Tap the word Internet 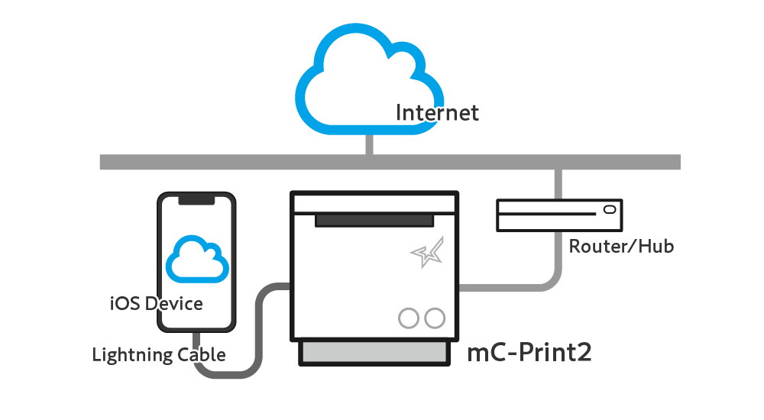click(x=437, y=113)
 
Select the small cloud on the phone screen click(x=197, y=260)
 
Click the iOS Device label click(x=156, y=304)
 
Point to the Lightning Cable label click(x=158, y=355)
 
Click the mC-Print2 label click(x=529, y=353)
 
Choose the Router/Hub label click(x=621, y=247)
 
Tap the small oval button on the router click(x=609, y=209)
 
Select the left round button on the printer click(x=409, y=318)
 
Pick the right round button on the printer click(x=435, y=318)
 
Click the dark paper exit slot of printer click(x=375, y=220)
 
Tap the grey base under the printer click(x=375, y=354)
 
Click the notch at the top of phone click(x=196, y=199)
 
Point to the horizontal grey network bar click(x=229, y=162)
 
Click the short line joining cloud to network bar click(x=370, y=144)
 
